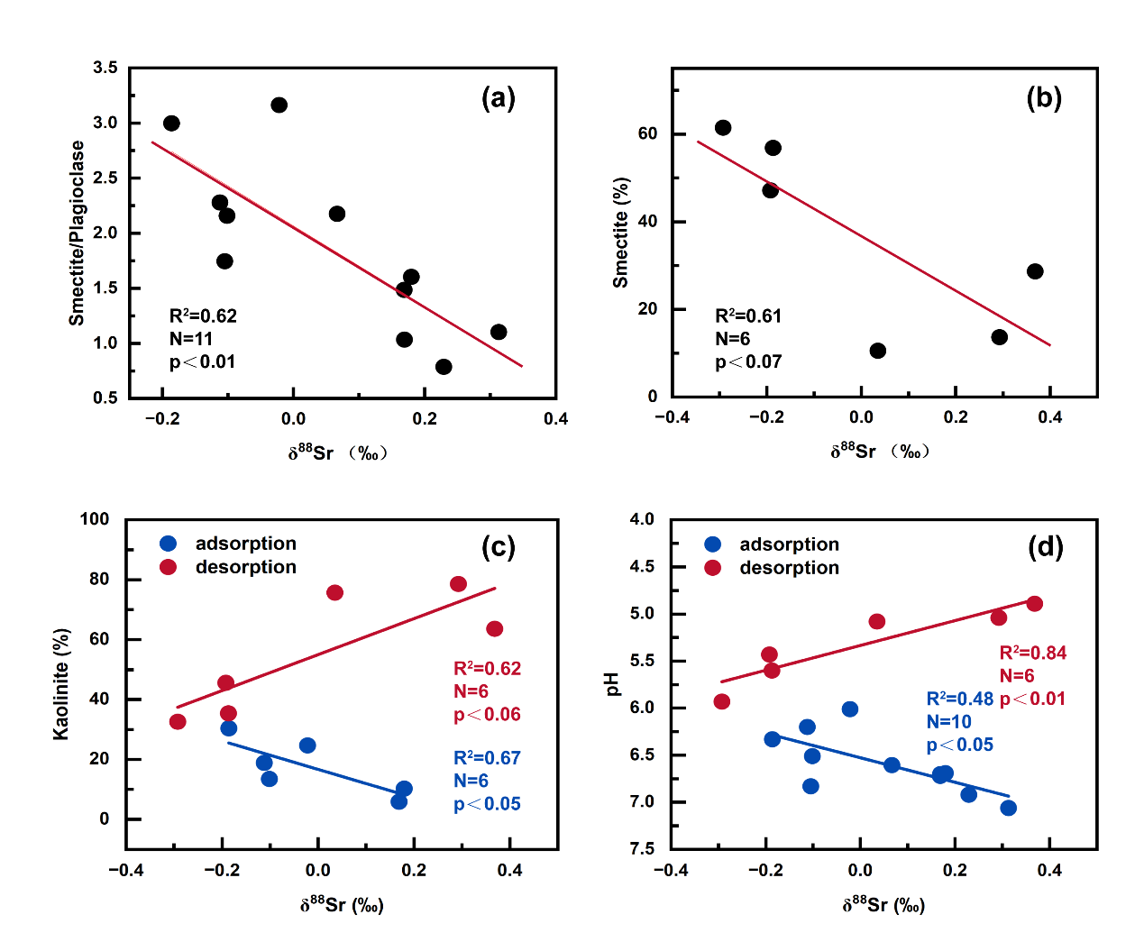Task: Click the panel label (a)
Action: pos(499,98)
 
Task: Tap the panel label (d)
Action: pos(1046,547)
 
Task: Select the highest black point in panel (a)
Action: pos(279,105)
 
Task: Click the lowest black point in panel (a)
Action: pos(444,367)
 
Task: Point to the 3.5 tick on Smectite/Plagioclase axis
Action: pos(105,68)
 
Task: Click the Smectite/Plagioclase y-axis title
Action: pos(78,233)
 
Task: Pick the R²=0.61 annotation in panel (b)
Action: pos(748,316)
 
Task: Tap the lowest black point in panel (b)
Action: pos(878,351)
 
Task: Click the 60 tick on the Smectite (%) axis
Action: pos(647,133)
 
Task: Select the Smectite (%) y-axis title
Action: pos(620,233)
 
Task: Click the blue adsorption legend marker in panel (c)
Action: pos(169,544)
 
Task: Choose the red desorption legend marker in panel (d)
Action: pos(713,568)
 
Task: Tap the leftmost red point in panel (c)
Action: pos(178,722)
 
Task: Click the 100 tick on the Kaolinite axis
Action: pos(95,519)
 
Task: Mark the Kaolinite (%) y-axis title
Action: pos(61,683)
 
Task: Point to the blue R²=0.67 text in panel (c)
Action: pos(487,758)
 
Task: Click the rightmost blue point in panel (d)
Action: pos(1009,808)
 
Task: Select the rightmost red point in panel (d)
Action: pos(1035,604)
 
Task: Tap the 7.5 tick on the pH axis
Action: pos(643,848)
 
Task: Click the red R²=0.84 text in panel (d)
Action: pos(1033,654)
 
